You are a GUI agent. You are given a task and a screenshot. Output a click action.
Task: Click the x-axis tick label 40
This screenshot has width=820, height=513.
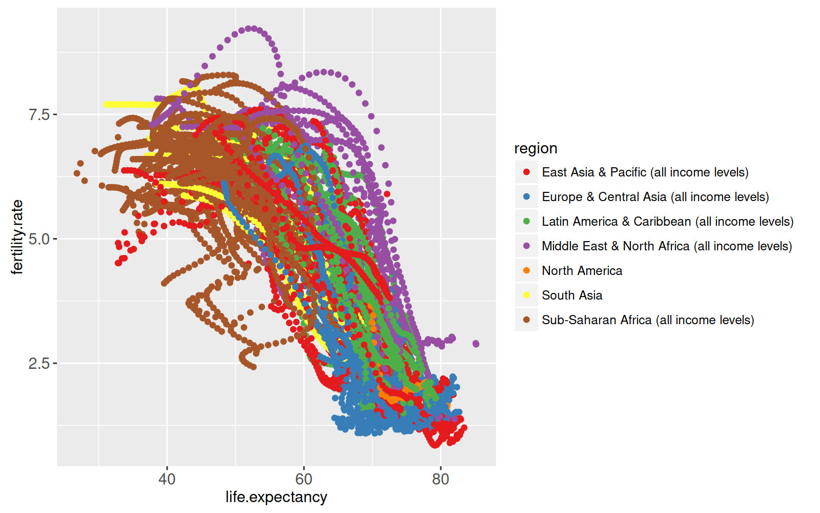[x=167, y=480]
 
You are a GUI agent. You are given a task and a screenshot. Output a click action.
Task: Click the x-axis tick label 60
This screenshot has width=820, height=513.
[x=303, y=480]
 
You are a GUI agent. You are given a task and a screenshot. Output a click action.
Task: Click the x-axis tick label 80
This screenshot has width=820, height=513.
[x=440, y=480]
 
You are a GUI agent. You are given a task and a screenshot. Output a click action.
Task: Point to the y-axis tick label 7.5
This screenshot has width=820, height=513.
[x=39, y=114]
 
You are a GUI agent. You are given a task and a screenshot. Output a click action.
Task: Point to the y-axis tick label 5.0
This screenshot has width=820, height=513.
[x=39, y=239]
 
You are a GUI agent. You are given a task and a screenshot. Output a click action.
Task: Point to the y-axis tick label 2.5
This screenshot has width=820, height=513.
[x=39, y=364]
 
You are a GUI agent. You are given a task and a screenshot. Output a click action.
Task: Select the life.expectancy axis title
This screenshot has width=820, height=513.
[x=276, y=497]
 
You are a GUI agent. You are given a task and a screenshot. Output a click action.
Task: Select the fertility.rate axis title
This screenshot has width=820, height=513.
[x=17, y=237]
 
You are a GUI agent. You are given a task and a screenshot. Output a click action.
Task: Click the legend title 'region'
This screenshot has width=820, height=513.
[x=536, y=148]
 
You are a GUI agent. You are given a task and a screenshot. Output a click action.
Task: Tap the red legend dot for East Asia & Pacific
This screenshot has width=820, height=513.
[x=526, y=172]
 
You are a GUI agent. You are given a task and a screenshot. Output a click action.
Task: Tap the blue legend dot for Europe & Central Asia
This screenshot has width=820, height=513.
[x=526, y=196]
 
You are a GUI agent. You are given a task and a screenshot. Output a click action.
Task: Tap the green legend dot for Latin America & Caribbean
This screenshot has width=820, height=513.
[x=526, y=221]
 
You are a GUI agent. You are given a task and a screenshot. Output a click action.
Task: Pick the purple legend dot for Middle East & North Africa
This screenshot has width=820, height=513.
[x=526, y=246]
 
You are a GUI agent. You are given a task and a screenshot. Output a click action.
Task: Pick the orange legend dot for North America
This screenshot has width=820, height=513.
[x=526, y=270]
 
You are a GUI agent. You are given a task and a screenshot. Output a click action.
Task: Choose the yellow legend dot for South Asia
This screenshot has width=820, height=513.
[x=526, y=295]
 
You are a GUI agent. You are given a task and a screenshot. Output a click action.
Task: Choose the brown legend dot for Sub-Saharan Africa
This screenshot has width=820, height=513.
[x=526, y=320]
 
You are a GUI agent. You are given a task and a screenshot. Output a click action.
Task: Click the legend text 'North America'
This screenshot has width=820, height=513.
[x=582, y=270]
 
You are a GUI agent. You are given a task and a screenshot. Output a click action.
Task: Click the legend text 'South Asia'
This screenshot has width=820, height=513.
[x=572, y=295]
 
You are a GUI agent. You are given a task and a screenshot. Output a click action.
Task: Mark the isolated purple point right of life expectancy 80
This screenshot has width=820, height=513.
[x=476, y=344]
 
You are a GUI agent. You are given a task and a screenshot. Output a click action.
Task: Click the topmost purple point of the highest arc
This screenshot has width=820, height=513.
[x=249, y=28]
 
